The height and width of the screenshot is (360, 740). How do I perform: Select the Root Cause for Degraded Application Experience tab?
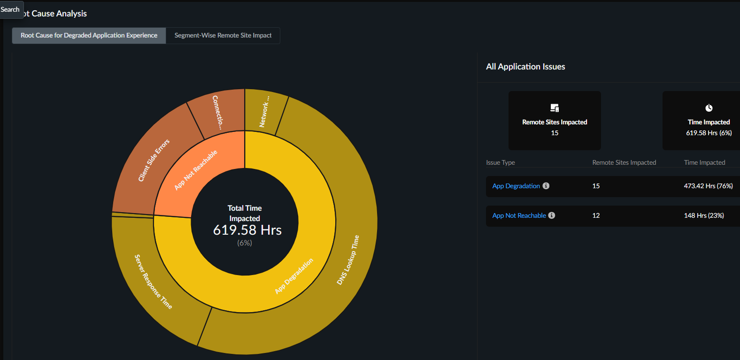(x=89, y=35)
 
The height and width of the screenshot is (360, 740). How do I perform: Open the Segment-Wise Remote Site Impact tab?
(x=223, y=35)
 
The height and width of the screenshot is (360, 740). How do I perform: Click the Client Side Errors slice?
(x=154, y=160)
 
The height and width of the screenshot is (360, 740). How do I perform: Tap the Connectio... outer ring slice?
(x=218, y=112)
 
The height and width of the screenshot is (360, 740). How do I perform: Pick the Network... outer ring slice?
(x=264, y=112)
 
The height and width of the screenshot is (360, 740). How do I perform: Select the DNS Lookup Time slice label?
(x=348, y=260)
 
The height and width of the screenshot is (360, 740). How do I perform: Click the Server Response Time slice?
(x=153, y=282)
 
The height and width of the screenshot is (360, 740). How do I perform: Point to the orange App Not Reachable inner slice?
(x=196, y=170)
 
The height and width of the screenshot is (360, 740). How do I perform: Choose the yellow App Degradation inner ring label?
(x=294, y=276)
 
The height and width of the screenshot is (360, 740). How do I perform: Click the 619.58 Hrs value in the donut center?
(x=247, y=230)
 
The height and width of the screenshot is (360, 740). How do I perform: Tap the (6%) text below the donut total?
(x=245, y=243)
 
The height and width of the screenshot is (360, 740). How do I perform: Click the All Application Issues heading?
(x=525, y=66)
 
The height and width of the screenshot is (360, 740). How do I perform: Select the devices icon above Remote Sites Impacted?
(x=555, y=108)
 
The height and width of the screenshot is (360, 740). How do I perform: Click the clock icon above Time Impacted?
(x=709, y=108)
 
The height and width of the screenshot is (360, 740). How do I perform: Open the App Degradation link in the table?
(x=516, y=186)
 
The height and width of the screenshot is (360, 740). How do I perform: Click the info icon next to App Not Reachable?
(x=552, y=215)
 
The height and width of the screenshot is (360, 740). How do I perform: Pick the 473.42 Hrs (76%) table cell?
(x=708, y=186)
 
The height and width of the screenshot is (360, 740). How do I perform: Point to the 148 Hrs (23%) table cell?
(x=704, y=215)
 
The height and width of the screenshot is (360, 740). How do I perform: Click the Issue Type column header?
(x=501, y=162)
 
